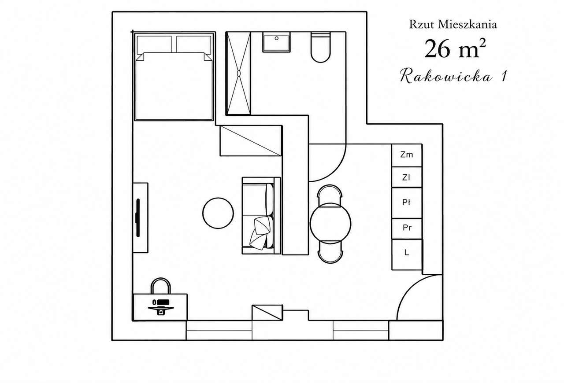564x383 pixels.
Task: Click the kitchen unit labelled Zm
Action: (407, 155)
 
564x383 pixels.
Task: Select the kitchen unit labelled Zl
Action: (407, 177)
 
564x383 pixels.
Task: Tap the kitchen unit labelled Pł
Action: (407, 203)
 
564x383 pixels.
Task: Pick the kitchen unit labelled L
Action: (407, 254)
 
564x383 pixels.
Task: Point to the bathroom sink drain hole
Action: (276, 38)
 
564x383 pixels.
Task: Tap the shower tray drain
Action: (239, 73)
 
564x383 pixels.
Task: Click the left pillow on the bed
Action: (154, 44)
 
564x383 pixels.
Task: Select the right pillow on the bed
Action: (194, 44)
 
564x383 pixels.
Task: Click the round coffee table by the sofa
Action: (218, 213)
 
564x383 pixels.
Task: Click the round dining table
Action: (330, 223)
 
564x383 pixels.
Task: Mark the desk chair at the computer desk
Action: (161, 286)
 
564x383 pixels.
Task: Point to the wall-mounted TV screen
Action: (138, 218)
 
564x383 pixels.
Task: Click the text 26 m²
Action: (455, 49)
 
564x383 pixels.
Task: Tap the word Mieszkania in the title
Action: (468, 25)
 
